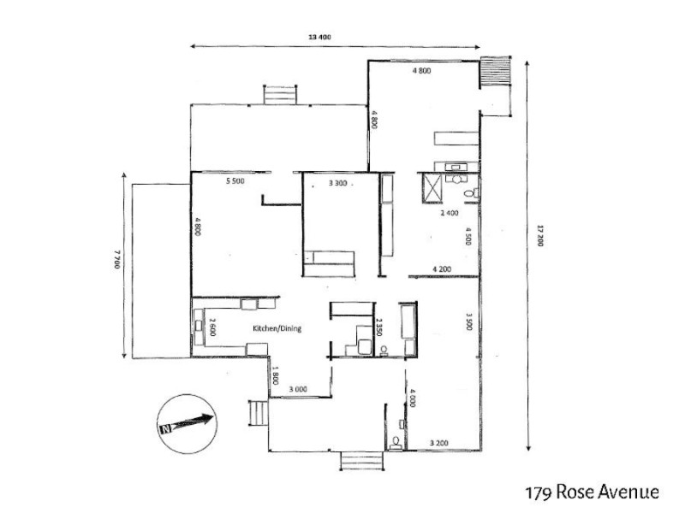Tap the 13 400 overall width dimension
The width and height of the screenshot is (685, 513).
pos(319,37)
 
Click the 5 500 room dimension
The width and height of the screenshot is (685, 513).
pos(237,182)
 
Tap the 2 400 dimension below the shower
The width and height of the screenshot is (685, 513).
pos(450,213)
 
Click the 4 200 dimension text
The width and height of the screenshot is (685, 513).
pos(443,268)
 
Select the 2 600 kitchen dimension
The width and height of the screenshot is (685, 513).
pos(211,327)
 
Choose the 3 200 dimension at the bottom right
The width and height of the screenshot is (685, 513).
pos(438,443)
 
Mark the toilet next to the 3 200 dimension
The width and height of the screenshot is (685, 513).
pos(394,442)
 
